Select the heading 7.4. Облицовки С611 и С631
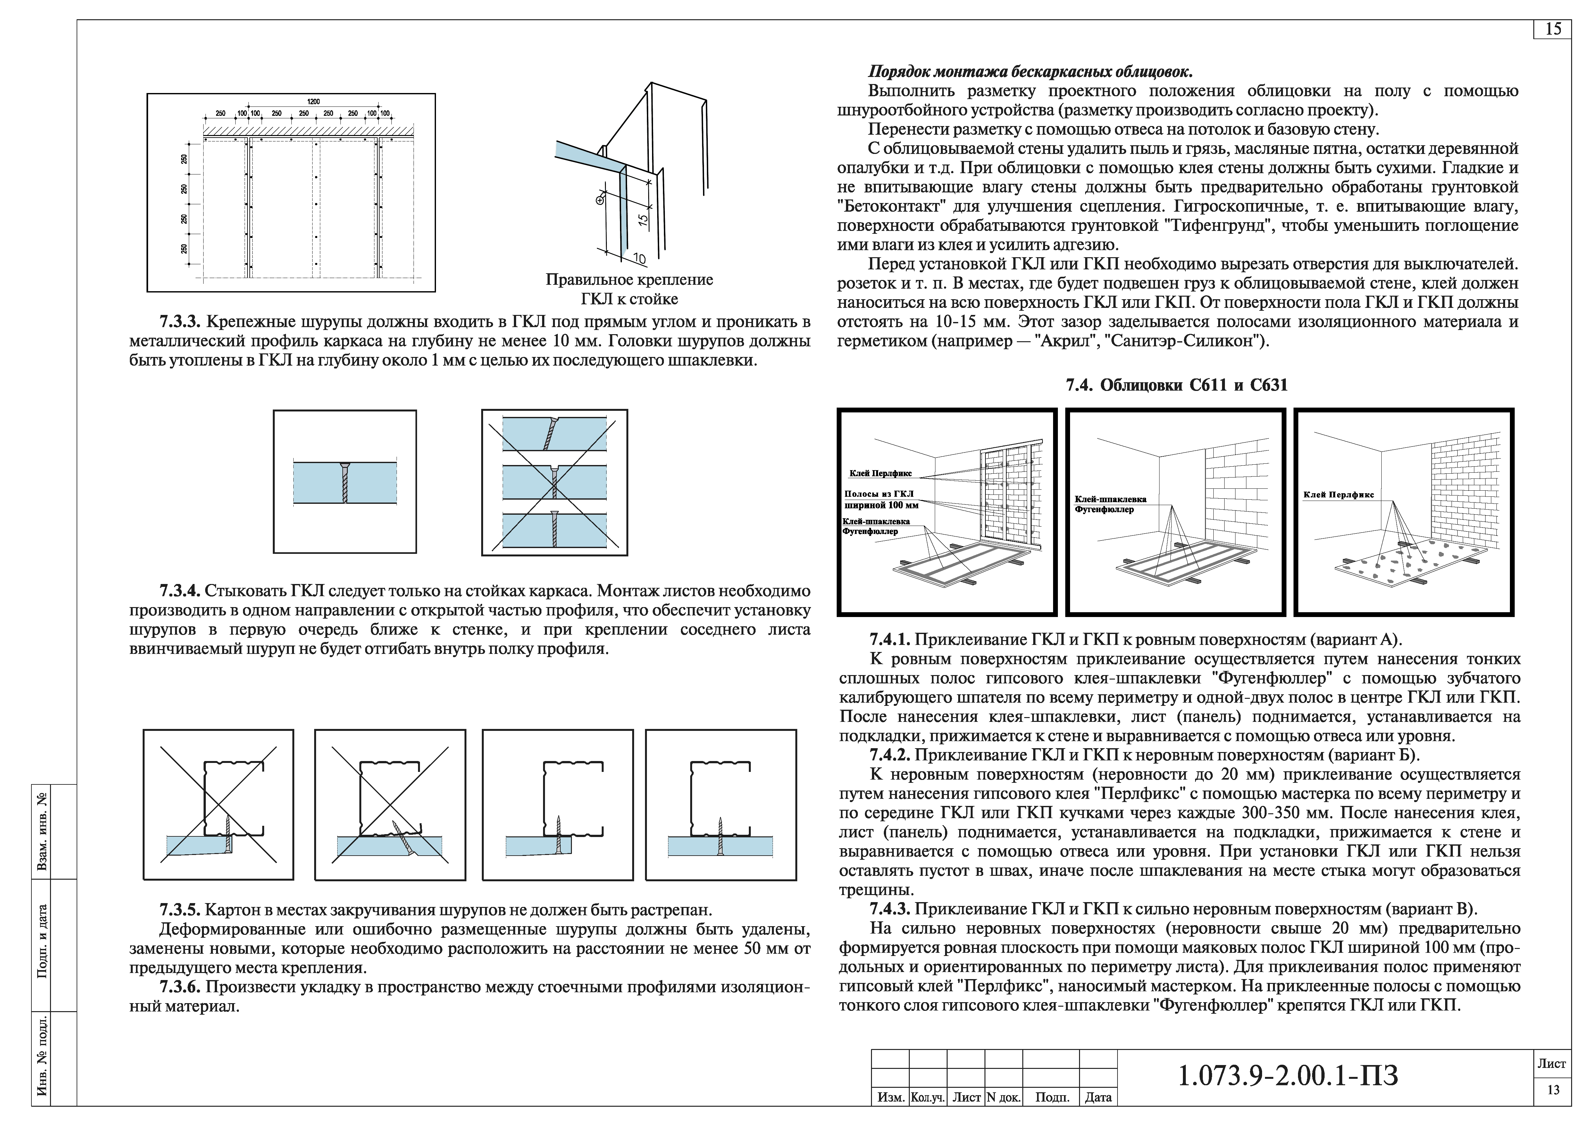1176,385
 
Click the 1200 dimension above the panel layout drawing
313,102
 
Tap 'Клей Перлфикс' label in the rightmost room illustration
1338,495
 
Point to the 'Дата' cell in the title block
1098,1097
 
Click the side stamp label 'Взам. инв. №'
43,832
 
